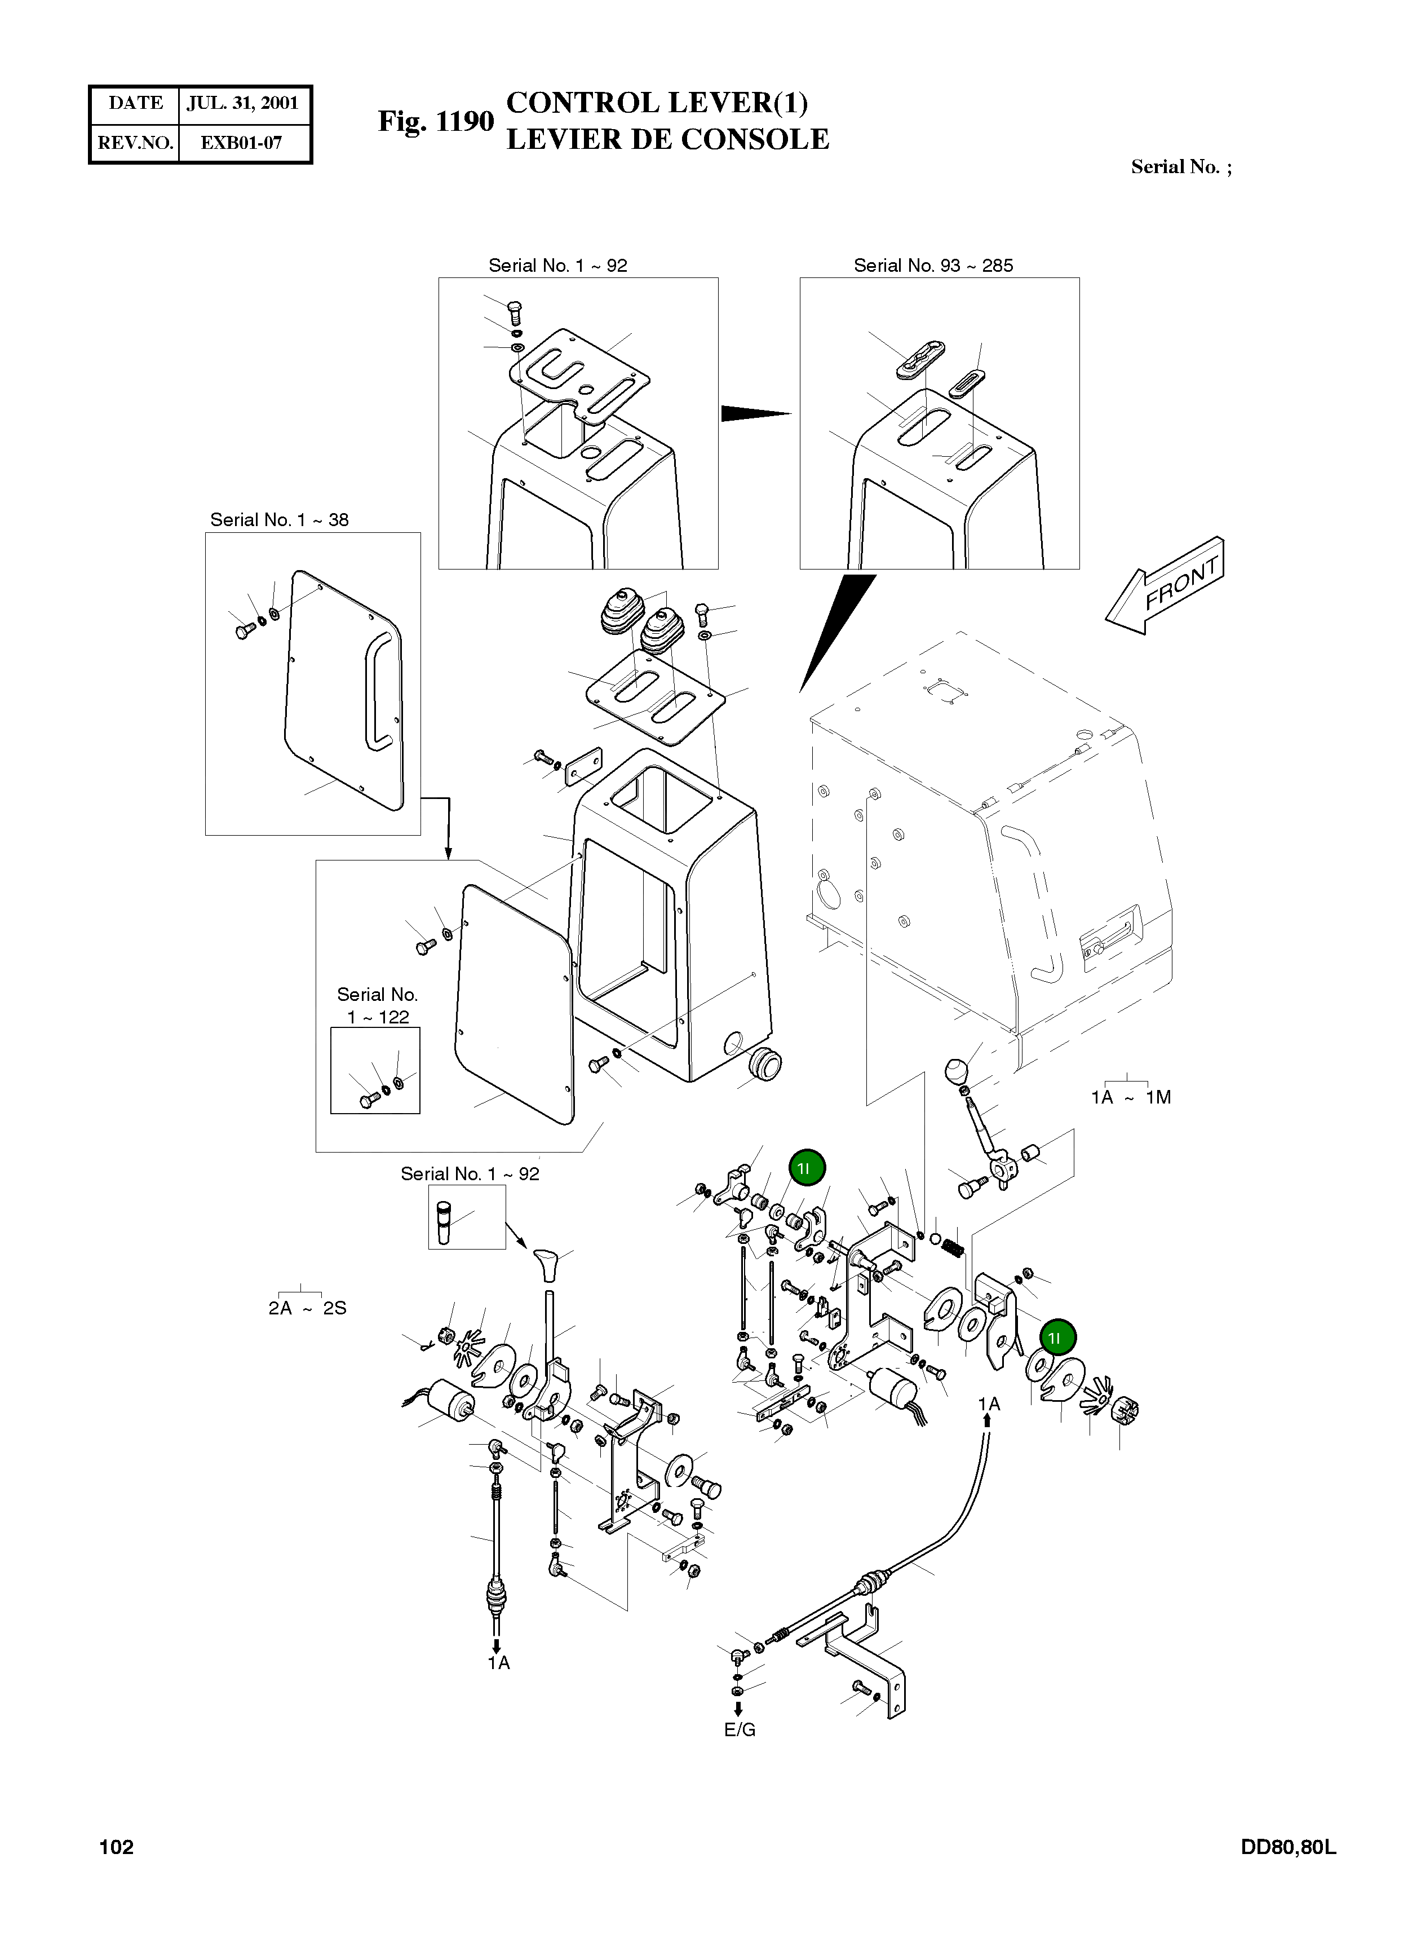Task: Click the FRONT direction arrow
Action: [x=1165, y=586]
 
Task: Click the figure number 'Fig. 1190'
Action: [x=436, y=121]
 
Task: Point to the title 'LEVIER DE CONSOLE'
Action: [x=667, y=139]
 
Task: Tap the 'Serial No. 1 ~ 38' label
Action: [x=280, y=520]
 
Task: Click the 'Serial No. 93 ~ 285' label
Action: [x=933, y=266]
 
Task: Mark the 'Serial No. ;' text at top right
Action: [x=1181, y=167]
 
